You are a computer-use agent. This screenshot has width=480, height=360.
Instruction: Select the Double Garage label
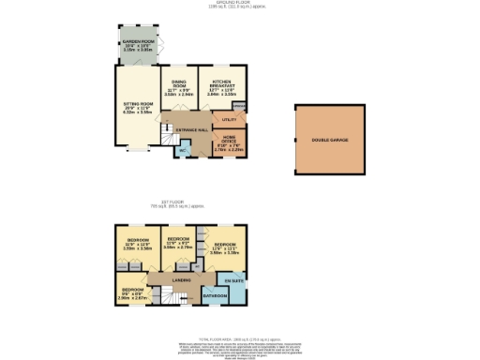click(327, 141)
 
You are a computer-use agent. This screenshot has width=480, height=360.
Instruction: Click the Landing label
click(183, 278)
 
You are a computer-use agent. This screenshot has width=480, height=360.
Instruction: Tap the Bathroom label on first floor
click(216, 296)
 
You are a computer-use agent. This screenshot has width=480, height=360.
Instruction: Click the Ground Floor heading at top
click(239, 4)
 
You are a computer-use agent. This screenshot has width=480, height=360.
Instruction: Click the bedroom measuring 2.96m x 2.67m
click(132, 292)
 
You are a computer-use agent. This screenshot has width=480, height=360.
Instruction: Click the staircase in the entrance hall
click(168, 139)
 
